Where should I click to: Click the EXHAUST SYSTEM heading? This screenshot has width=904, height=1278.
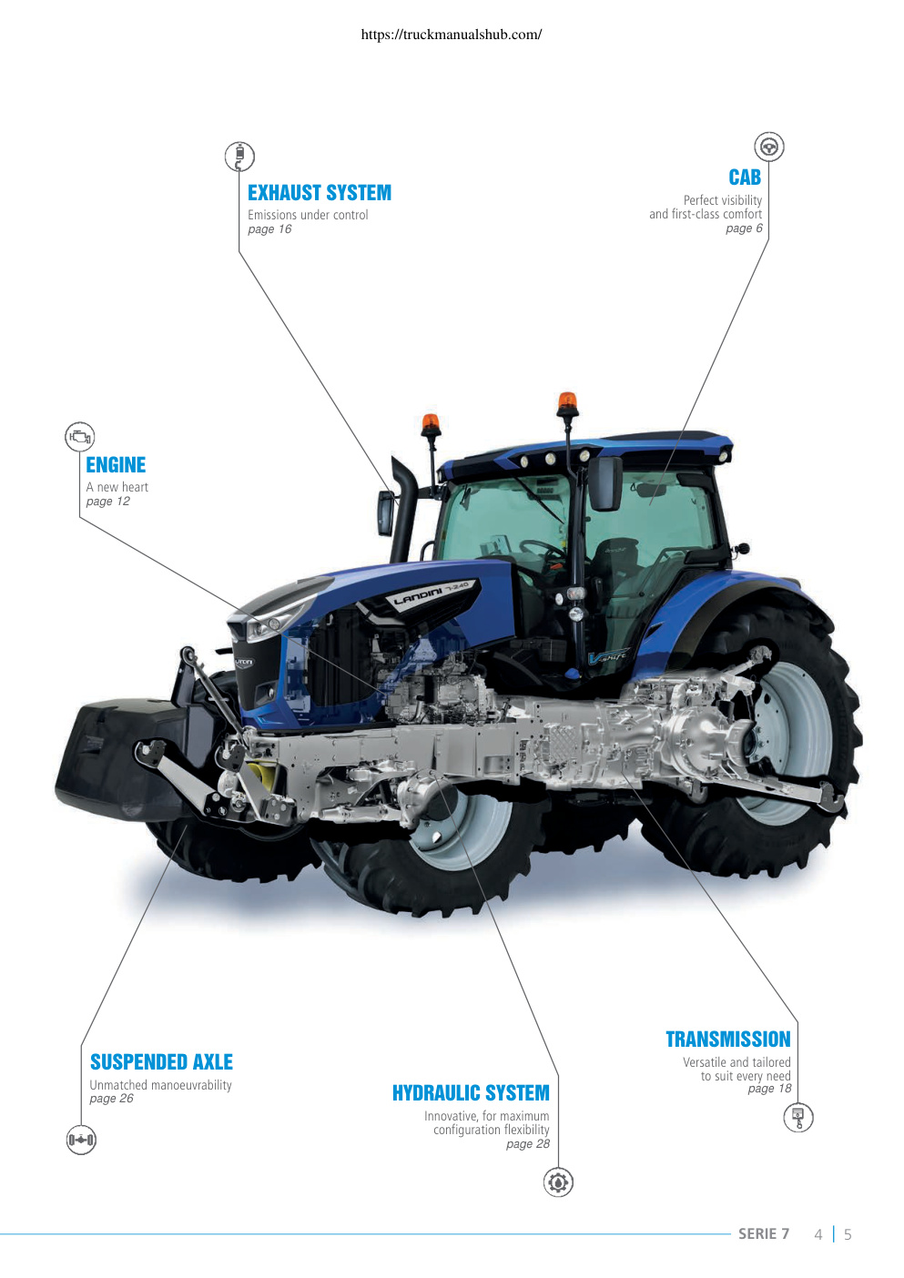319,193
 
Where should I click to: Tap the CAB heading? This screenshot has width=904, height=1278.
745,177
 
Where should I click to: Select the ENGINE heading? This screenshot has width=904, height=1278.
116,465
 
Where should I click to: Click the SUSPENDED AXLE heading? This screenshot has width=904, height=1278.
161,1061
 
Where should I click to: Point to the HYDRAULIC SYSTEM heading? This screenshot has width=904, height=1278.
471,1092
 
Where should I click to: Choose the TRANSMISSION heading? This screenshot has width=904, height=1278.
728,1039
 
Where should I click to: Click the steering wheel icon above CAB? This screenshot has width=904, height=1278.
769,147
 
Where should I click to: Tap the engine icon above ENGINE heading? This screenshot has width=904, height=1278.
79,437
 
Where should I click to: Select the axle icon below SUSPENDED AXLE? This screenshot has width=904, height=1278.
81,1140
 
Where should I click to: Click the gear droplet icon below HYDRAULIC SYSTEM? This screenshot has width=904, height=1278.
558,1182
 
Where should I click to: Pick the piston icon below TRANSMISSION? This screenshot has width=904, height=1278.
797,1117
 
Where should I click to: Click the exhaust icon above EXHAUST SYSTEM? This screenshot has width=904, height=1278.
239,157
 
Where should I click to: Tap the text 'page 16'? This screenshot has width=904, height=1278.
269,229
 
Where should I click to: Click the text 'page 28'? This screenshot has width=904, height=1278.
528,1144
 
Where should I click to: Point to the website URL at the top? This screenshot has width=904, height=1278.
452,35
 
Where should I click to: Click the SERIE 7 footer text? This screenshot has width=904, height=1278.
764,1234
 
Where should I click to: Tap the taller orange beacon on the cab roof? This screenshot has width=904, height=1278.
567,403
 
